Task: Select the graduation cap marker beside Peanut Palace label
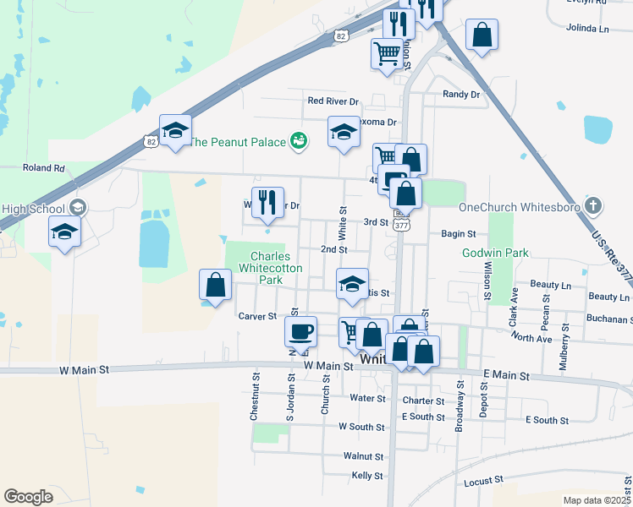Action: pyautogui.click(x=344, y=132)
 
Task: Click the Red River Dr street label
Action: pyautogui.click(x=333, y=101)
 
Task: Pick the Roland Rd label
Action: pyautogui.click(x=44, y=168)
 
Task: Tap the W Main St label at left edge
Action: pyautogui.click(x=85, y=370)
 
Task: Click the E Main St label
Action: pyautogui.click(x=507, y=375)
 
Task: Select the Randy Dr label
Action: pyautogui.click(x=461, y=95)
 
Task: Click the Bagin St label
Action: pyautogui.click(x=459, y=233)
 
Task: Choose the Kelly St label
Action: pyautogui.click(x=367, y=476)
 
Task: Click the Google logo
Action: pyautogui.click(x=28, y=497)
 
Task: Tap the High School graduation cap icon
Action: pyautogui.click(x=77, y=208)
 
